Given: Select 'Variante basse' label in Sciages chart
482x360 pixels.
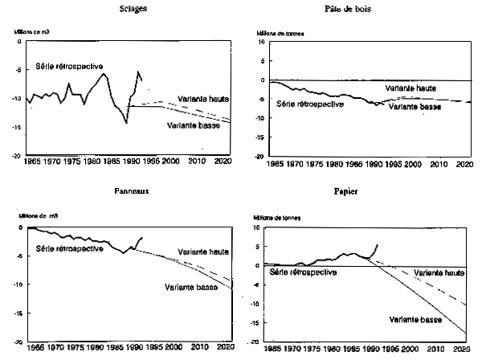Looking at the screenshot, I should [194, 125].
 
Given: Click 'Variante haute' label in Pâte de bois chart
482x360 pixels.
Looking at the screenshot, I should [411, 88].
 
